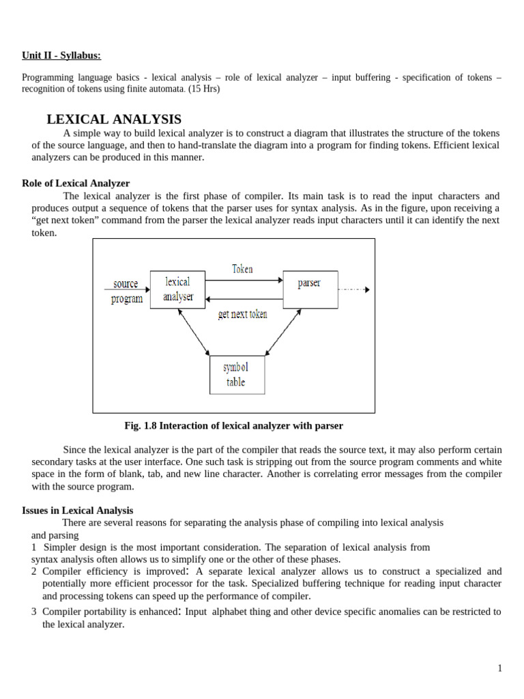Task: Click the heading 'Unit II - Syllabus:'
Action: pos(65,55)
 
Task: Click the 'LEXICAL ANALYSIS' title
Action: pos(114,119)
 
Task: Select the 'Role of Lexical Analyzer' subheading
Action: pos(76,183)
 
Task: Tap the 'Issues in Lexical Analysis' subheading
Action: pos(78,510)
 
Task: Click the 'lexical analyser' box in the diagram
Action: pos(177,289)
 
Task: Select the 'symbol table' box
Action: pos(237,375)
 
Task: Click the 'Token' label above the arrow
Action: pos(242,269)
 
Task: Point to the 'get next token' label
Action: pos(242,314)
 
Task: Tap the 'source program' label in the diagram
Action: pos(127,291)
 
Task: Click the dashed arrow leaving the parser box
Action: pos(353,289)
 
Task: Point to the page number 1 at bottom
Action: pos(499,668)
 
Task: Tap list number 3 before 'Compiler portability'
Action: pos(33,612)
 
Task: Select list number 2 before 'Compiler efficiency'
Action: pos(33,571)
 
